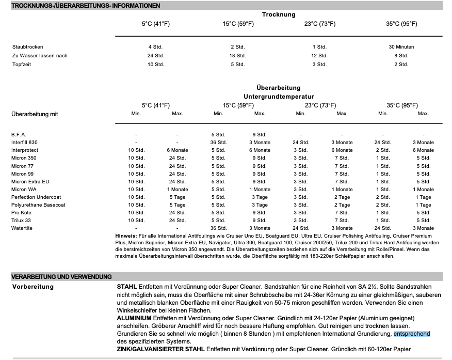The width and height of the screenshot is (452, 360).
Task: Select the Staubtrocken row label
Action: (28, 47)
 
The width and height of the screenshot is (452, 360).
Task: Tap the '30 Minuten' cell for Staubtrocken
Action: (401, 47)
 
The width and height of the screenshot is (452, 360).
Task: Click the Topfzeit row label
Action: (23, 65)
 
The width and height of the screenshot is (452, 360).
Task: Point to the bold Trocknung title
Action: (278, 14)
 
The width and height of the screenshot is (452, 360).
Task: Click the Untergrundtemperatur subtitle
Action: (279, 96)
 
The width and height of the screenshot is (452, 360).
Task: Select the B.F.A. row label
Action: (19, 134)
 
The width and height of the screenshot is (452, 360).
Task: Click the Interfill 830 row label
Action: (25, 142)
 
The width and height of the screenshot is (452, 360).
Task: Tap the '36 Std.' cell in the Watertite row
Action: (218, 228)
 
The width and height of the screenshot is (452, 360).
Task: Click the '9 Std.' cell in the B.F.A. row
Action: (260, 134)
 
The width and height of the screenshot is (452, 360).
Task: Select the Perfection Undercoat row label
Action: (36, 197)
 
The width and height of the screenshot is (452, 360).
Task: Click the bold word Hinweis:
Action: (127, 236)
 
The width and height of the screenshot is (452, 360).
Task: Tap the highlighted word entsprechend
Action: (412, 334)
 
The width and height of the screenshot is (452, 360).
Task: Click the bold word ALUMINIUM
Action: (134, 318)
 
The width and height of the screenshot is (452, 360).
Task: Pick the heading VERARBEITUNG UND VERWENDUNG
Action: (62, 276)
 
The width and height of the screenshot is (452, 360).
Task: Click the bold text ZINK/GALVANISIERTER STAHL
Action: (160, 349)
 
